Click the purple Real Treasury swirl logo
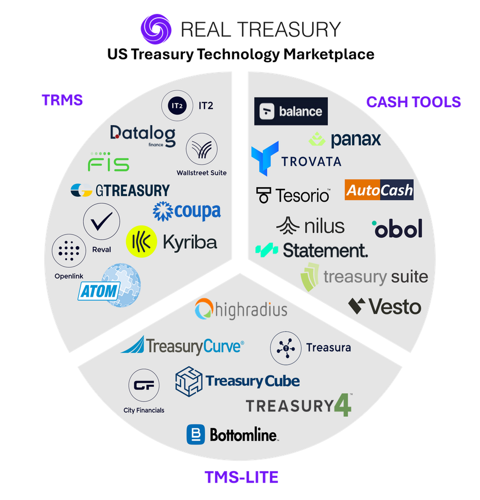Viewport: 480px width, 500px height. coord(156,29)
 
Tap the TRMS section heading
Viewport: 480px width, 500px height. coord(62,100)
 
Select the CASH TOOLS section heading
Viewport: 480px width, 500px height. coord(413,102)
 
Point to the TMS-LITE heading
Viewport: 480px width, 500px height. coord(242,477)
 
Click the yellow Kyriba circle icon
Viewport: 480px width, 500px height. coord(141,242)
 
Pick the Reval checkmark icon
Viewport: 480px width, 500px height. coord(102,221)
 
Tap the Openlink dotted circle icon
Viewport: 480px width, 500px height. coord(69,251)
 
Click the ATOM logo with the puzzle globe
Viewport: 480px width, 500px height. coord(109,286)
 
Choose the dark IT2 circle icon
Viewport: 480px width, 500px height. coord(177,106)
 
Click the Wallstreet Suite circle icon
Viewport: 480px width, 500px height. coord(202,149)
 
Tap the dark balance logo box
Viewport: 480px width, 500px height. coord(291,111)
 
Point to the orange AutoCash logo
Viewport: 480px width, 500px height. coord(379,190)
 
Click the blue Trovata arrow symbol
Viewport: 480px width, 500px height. coord(264,158)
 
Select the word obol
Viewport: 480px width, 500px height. coord(397,228)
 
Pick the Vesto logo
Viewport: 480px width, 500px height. coord(384,307)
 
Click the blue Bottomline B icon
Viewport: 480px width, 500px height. coord(196,434)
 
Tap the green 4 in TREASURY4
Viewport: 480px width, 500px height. coord(343,405)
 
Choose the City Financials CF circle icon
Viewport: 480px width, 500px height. coord(144,385)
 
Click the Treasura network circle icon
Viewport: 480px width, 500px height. coord(286,348)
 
